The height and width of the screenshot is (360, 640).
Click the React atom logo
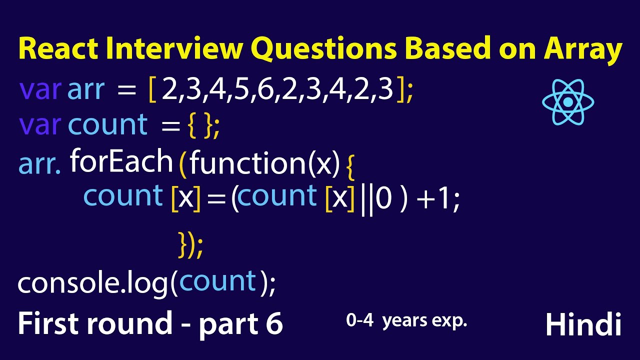[568, 102]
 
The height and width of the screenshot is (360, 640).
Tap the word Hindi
[583, 325]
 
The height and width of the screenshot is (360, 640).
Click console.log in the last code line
[93, 283]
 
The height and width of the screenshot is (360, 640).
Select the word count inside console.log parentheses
[217, 281]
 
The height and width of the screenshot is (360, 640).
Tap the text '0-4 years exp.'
[406, 321]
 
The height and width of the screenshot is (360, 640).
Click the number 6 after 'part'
[273, 324]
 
